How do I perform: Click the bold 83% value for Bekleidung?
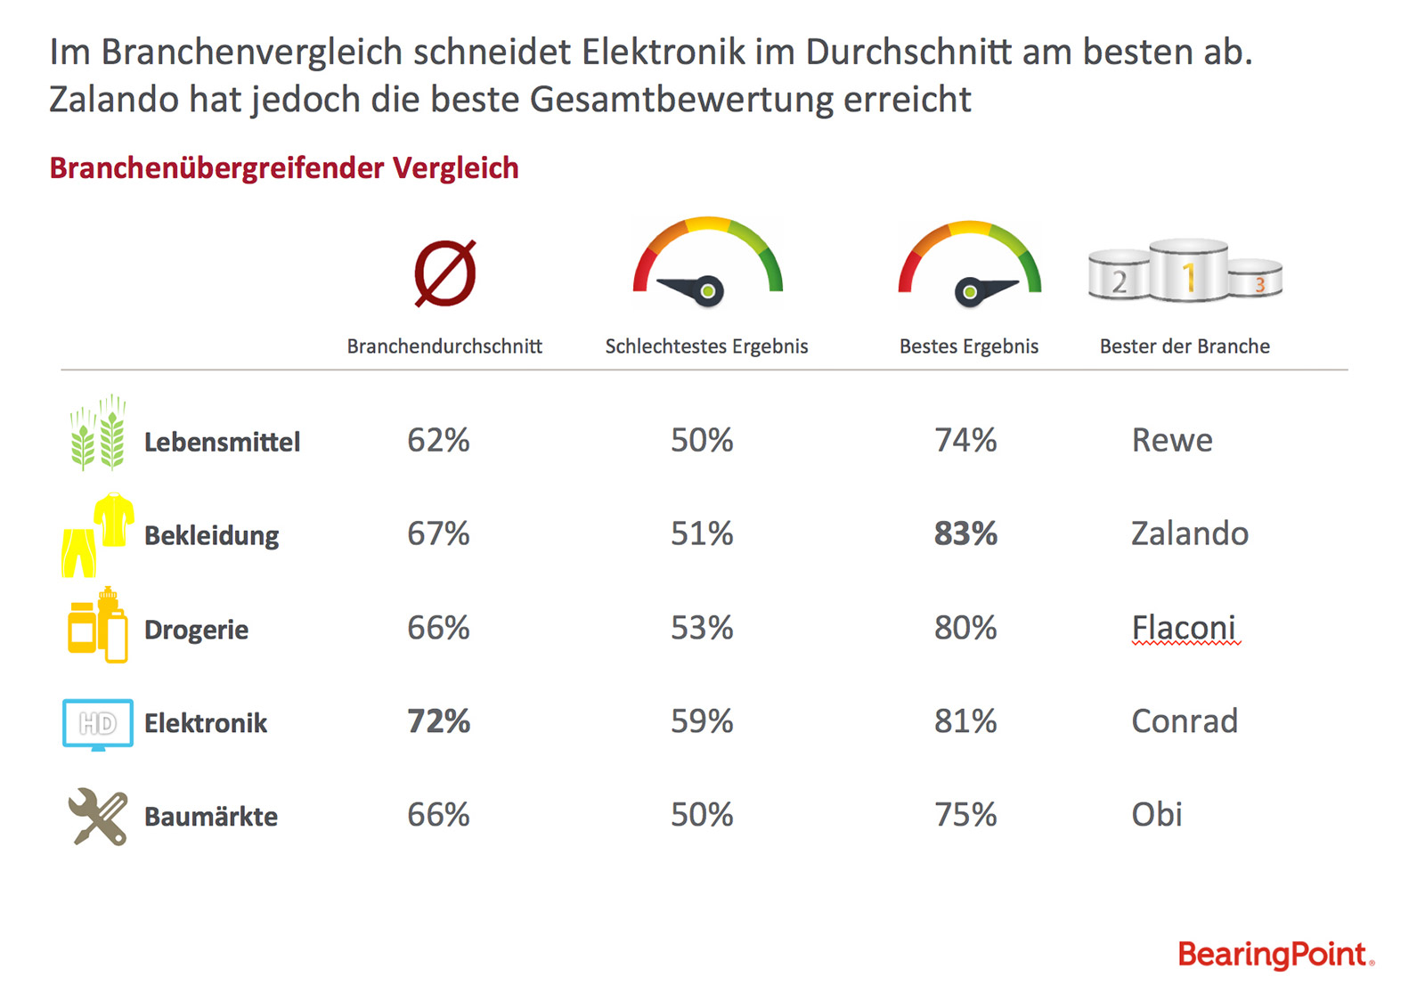coord(965,533)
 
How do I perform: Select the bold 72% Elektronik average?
coord(438,721)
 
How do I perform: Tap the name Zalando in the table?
coord(1189,533)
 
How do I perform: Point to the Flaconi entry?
coord(1184,628)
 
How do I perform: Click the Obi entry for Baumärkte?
coord(1156,814)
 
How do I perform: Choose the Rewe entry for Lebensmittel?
coord(1171,440)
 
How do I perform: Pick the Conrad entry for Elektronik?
coord(1184,721)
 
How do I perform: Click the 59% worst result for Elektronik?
coord(702,721)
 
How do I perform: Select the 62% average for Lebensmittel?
coord(438,440)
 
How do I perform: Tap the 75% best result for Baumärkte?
coord(965,814)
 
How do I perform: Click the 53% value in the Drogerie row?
coord(702,628)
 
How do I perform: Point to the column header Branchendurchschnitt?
coord(444,346)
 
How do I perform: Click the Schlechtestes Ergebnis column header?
coord(706,346)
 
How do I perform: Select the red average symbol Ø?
coord(445,273)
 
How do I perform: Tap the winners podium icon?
coord(1185,271)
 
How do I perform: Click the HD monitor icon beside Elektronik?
coord(98,723)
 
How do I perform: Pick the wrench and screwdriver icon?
coord(97,816)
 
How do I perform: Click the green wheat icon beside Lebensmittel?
coord(97,433)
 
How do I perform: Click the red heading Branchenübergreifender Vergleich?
coord(284,168)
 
